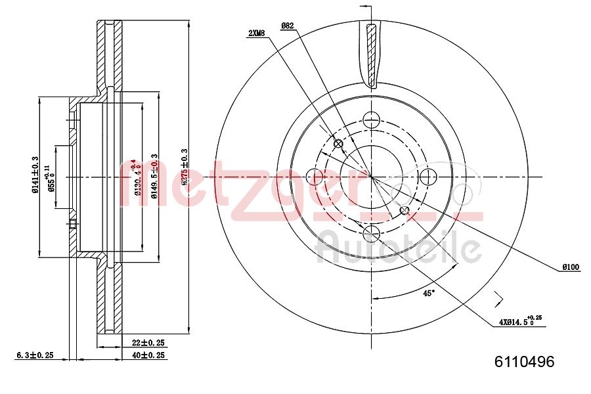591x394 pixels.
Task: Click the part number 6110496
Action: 524,362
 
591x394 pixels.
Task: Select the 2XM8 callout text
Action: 258,33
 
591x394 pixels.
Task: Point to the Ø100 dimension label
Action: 569,267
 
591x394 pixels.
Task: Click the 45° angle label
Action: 428,294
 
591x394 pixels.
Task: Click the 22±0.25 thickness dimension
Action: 148,343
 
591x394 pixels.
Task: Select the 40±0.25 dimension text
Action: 148,355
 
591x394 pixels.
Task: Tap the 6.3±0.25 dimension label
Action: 34,355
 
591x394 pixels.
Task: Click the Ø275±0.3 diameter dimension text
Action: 185,169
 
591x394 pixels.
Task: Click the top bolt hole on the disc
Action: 372,120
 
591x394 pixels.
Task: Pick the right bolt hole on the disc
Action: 427,176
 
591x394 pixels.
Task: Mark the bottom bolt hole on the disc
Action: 372,232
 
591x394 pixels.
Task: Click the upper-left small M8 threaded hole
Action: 339,144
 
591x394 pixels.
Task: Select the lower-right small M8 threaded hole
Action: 405,210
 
